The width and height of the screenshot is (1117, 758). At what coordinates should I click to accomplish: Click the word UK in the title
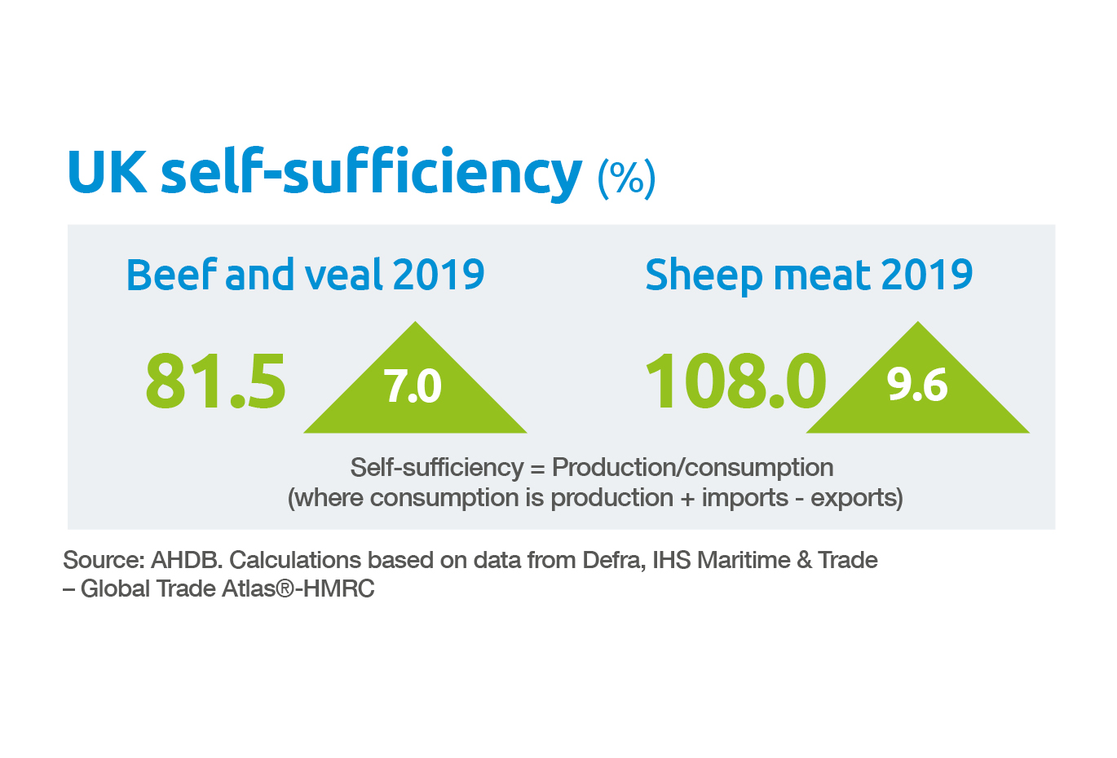point(107,172)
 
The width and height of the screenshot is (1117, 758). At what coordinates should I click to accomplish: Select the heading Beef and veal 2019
point(305,275)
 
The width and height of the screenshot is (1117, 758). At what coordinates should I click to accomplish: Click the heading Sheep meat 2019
point(808,275)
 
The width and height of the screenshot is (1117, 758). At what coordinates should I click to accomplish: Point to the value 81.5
point(216,381)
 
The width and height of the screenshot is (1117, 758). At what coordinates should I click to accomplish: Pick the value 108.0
point(735,381)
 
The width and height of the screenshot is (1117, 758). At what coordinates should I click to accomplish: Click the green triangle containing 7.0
point(415,388)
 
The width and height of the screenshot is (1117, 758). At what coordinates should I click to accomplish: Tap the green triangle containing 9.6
point(917,388)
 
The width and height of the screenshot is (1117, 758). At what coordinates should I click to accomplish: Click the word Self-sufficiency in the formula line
point(436,468)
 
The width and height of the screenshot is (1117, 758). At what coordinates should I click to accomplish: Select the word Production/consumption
point(692,468)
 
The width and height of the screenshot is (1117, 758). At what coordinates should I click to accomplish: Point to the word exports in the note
point(856,498)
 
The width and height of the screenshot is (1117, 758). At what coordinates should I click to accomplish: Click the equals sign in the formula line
point(536,469)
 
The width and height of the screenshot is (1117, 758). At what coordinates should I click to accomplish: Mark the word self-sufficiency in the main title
point(371,172)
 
